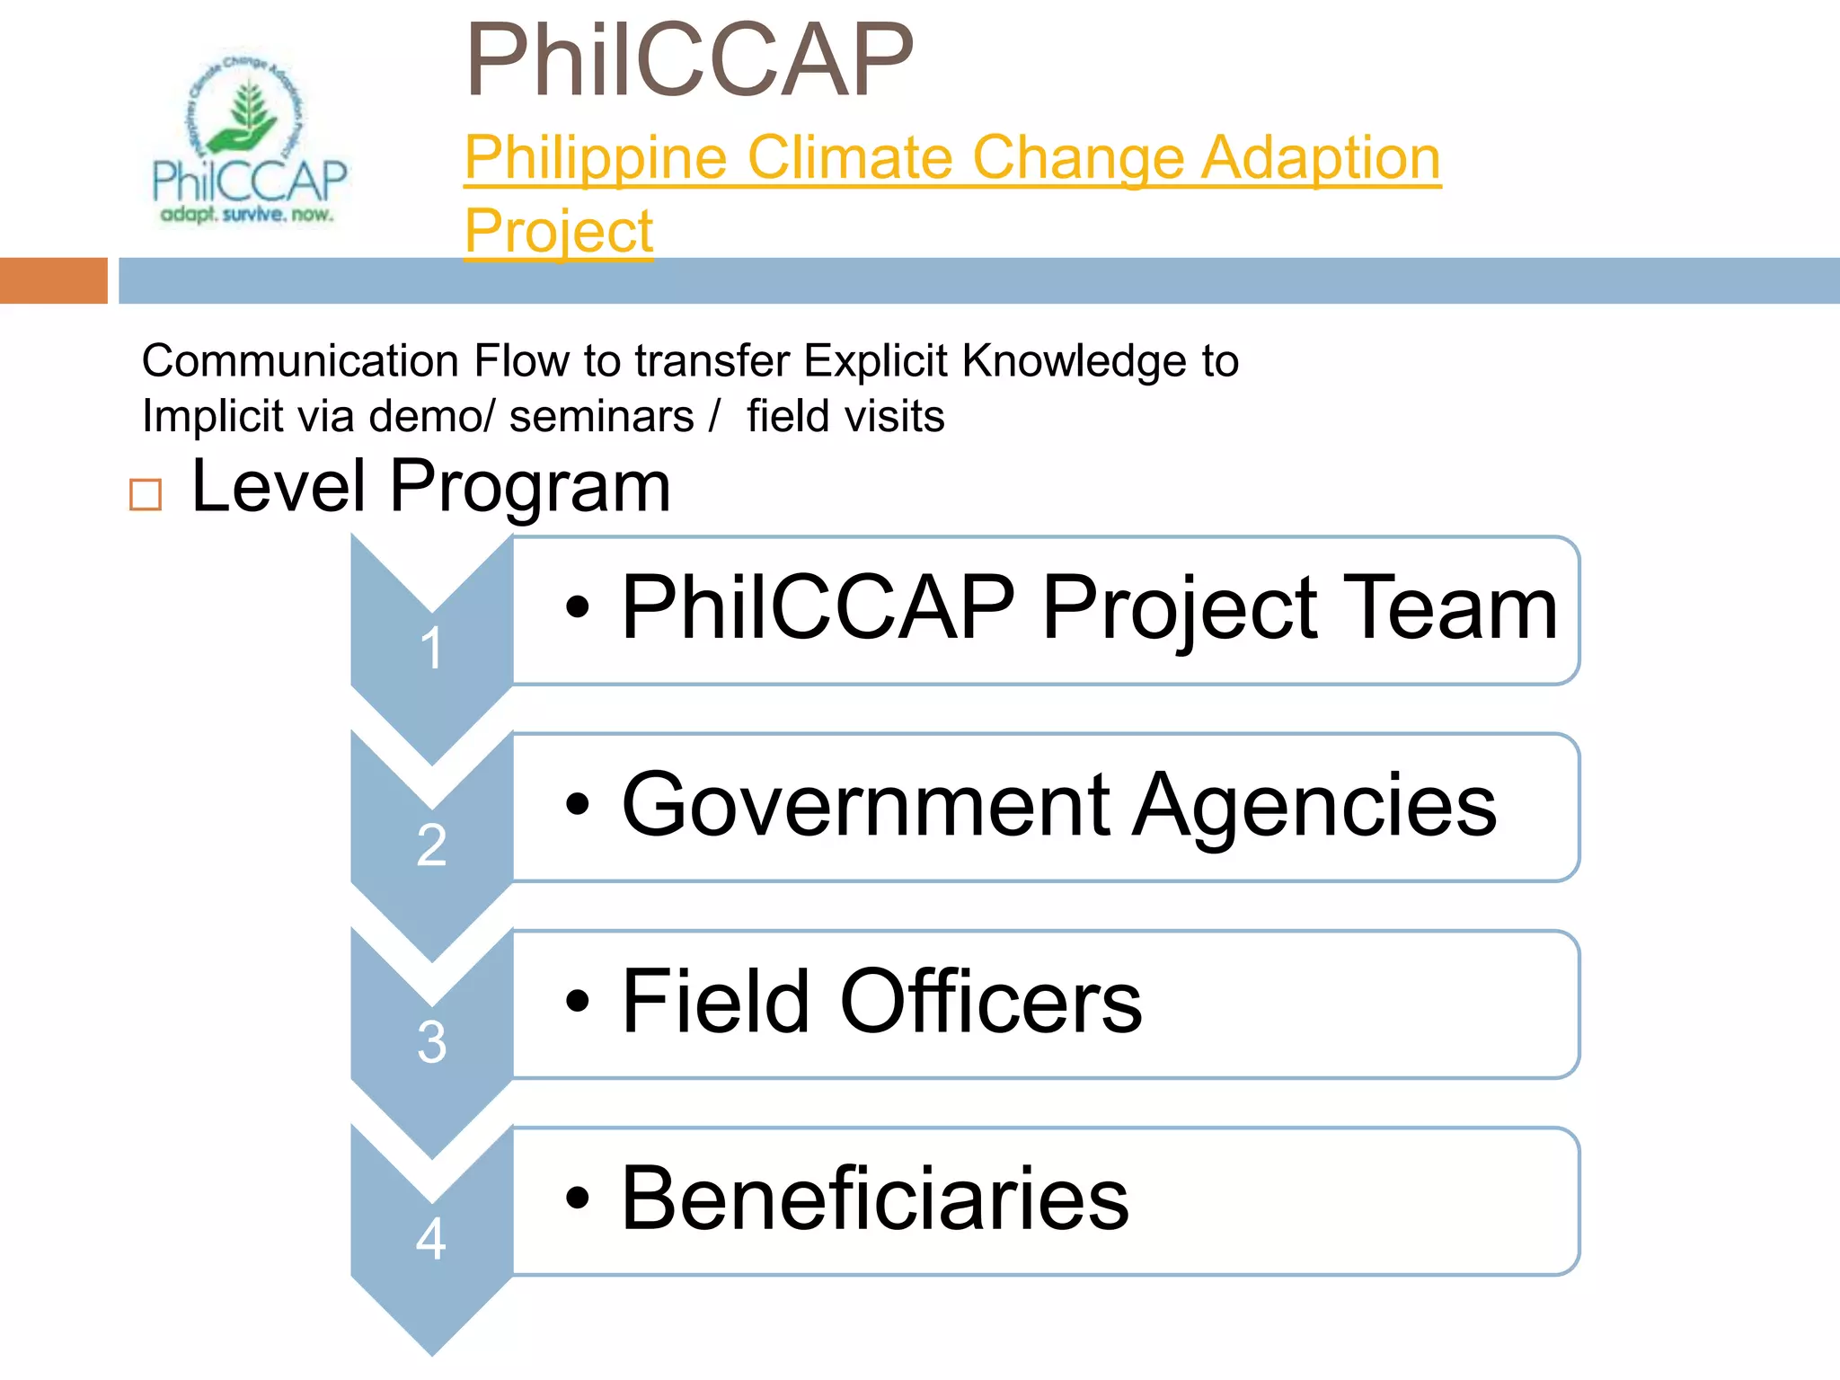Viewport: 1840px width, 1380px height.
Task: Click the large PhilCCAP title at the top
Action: click(689, 61)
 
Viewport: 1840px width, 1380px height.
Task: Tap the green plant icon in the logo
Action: click(244, 117)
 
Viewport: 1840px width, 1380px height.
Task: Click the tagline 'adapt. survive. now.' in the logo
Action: click(246, 215)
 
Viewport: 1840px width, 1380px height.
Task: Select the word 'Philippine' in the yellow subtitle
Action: click(596, 158)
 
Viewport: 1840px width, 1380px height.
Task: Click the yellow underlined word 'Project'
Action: click(559, 232)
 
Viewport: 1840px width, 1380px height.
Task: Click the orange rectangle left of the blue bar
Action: click(53, 280)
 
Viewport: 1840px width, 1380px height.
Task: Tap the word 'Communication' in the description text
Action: click(301, 361)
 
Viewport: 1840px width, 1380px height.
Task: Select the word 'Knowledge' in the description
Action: click(1075, 361)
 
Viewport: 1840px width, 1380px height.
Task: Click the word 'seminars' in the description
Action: click(601, 417)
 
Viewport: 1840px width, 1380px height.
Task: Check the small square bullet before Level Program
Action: click(146, 494)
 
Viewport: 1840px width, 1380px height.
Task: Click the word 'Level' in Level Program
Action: click(279, 487)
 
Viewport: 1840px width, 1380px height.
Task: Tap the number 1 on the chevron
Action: click(431, 648)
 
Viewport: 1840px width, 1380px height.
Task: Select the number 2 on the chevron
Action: click(431, 845)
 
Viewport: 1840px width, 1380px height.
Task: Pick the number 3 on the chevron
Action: click(431, 1042)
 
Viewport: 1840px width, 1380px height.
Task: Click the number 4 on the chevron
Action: click(431, 1239)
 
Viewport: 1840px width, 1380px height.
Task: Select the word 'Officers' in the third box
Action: click(990, 1003)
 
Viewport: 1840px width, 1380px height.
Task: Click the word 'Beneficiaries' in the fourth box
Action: click(875, 1199)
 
